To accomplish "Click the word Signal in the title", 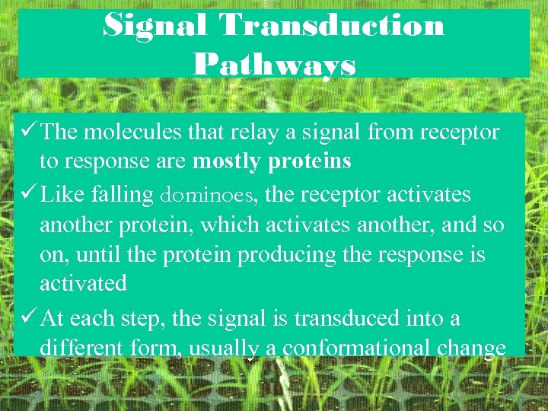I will click(x=155, y=25).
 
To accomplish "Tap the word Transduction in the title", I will click(x=332, y=25).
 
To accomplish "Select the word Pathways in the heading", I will click(x=274, y=64).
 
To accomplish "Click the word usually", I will click(x=225, y=349).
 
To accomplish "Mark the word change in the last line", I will click(x=477, y=349).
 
